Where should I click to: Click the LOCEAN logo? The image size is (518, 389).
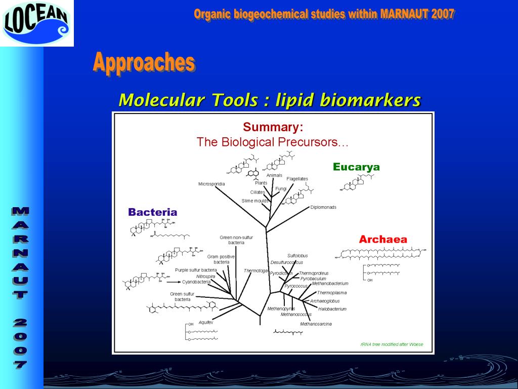tap(36, 23)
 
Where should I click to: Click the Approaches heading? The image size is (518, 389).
tap(144, 63)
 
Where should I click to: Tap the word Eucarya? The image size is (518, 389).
tap(356, 167)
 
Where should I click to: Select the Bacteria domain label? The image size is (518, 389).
tap(152, 212)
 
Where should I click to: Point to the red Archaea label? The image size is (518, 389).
tap(383, 240)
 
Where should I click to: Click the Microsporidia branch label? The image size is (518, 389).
tap(211, 184)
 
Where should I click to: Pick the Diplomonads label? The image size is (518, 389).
tap(323, 207)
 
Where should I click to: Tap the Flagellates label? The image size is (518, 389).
tap(297, 179)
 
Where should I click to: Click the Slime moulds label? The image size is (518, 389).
tap(255, 201)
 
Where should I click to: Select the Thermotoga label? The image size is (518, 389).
tap(255, 270)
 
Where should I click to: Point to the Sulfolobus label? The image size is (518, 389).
tap(297, 256)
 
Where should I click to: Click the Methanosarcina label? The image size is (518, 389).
tap(316, 324)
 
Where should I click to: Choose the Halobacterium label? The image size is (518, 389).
tap(332, 309)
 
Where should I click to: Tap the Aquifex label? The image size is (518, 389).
tap(206, 322)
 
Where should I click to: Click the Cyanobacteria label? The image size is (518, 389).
tap(196, 282)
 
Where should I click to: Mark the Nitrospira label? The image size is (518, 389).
tap(205, 276)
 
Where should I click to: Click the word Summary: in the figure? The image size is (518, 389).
tap(273, 127)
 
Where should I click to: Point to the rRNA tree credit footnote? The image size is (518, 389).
tap(392, 344)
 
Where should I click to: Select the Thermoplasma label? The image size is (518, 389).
tap(331, 293)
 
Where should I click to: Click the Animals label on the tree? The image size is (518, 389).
tap(274, 175)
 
